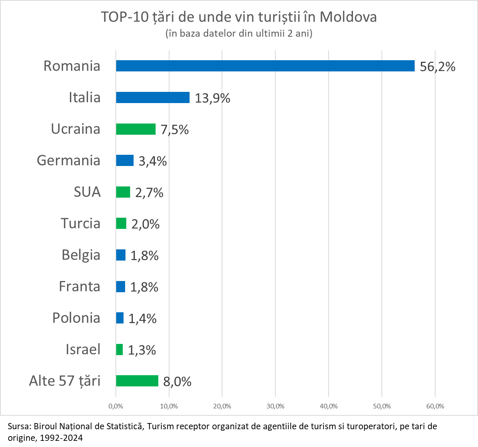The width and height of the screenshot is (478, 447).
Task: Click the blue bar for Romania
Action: [265, 66]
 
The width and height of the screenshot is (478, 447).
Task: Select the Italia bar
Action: [153, 98]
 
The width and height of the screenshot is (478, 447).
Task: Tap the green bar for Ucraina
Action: [136, 129]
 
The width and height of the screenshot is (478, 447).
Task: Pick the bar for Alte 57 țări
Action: [137, 381]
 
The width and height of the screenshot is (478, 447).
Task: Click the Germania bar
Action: [125, 161]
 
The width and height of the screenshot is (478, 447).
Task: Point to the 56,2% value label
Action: [437, 67]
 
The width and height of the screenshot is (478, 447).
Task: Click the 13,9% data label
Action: [212, 98]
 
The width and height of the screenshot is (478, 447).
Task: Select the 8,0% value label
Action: [177, 382]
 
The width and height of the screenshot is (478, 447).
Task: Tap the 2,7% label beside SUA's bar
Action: [149, 193]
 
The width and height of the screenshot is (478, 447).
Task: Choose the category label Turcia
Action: [80, 223]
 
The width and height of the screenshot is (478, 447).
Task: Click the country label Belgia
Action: [81, 255]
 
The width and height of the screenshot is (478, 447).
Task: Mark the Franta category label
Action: [80, 286]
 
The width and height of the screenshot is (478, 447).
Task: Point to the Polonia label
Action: [76, 318]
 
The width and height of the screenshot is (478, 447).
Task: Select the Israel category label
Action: [83, 349]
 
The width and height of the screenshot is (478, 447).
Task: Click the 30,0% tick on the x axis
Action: [275, 406]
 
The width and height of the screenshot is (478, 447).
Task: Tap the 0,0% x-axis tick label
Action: [116, 406]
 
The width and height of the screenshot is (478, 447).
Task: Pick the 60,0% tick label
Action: [435, 406]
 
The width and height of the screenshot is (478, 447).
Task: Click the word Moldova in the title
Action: [348, 17]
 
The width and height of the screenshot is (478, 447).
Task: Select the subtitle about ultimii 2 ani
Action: [239, 34]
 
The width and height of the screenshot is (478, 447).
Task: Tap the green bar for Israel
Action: [119, 350]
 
